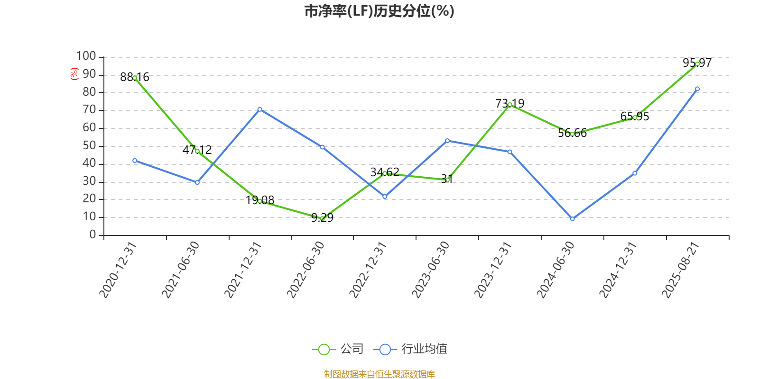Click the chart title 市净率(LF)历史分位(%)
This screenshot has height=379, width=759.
pyautogui.click(x=379, y=11)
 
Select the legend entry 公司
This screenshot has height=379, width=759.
pyautogui.click(x=338, y=349)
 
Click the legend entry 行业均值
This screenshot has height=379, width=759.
pyautogui.click(x=410, y=349)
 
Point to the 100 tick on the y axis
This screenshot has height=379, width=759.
pyautogui.click(x=86, y=56)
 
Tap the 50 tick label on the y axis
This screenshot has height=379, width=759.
pyautogui.click(x=90, y=146)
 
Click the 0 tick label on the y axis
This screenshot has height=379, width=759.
pyautogui.click(x=93, y=235)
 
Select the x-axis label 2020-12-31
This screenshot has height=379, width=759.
pyautogui.click(x=118, y=270)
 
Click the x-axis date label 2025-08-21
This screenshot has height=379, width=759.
pyautogui.click(x=681, y=270)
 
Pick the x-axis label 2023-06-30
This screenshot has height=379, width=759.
pyautogui.click(x=431, y=270)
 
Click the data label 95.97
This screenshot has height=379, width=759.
pyautogui.click(x=697, y=63)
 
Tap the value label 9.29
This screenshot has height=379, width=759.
pyautogui.click(x=322, y=217)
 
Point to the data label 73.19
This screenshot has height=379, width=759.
pyautogui.click(x=509, y=103)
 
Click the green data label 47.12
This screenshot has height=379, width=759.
pyautogui.click(x=197, y=150)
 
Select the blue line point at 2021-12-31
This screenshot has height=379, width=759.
pyautogui.click(x=259, y=109)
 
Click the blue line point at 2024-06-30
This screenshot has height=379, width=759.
pyautogui.click(x=572, y=219)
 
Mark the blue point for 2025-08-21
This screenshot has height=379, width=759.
pyautogui.click(x=697, y=89)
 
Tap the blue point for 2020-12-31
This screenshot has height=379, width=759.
pyautogui.click(x=135, y=161)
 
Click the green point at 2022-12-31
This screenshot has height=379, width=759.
pyautogui.click(x=385, y=173)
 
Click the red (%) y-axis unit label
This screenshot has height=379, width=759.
pyautogui.click(x=74, y=74)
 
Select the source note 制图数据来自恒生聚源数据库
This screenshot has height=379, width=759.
pyautogui.click(x=379, y=374)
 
